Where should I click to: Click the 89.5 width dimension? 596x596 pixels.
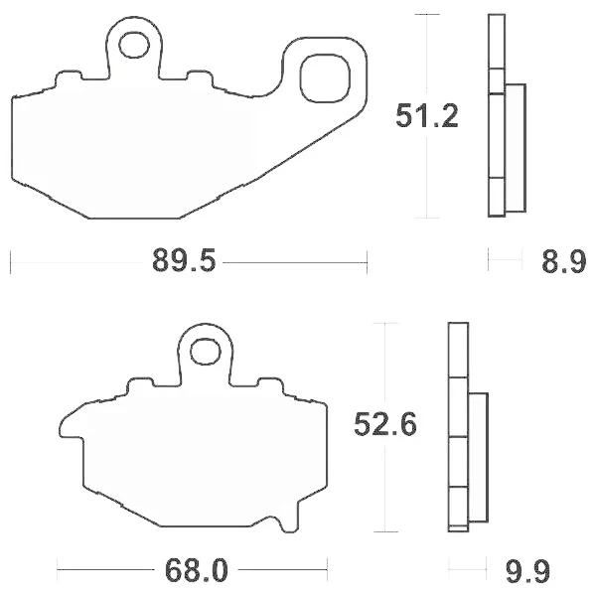[184, 260]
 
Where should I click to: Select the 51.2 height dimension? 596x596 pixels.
[427, 115]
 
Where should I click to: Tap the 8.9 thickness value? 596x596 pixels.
[563, 261]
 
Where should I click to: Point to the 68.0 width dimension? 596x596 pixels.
[196, 570]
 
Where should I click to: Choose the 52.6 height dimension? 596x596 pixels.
[385, 423]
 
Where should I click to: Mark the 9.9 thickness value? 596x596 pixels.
[527, 570]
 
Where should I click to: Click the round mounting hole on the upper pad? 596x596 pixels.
[134, 46]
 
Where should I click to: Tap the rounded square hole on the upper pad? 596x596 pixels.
[325, 78]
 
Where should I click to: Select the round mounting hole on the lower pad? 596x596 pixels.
[206, 352]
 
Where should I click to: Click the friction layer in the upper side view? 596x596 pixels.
[516, 148]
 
